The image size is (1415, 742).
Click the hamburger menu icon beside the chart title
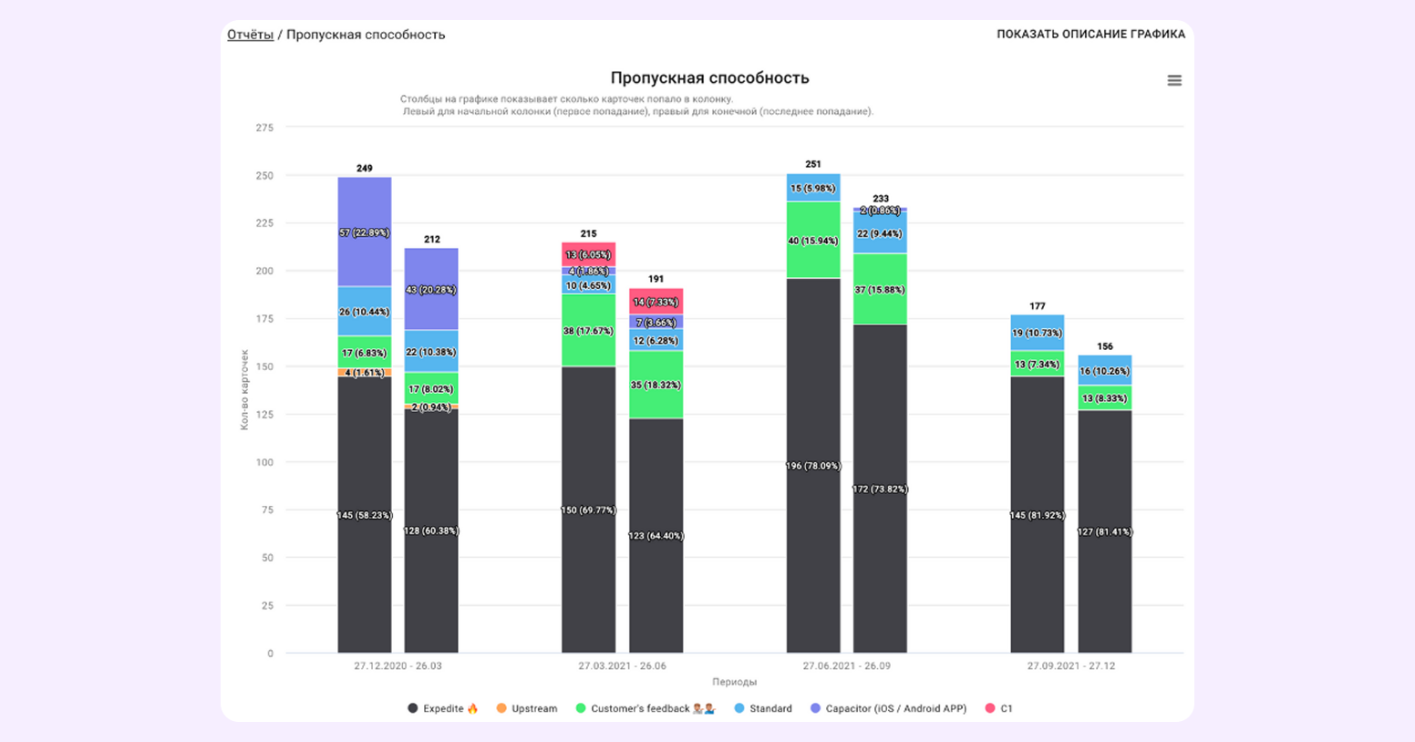point(1174,80)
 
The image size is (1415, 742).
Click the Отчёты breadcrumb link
point(250,35)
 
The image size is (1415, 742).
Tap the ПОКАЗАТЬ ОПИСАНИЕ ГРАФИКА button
point(1090,35)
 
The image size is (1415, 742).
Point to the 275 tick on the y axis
point(264,128)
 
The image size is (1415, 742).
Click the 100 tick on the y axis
point(264,462)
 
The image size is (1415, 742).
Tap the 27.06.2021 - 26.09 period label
point(846,666)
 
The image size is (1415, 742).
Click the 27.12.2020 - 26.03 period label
point(398,666)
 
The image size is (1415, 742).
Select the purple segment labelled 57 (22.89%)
point(364,232)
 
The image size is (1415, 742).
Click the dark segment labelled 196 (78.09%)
point(813,466)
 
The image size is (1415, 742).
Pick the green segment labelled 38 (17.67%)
point(588,331)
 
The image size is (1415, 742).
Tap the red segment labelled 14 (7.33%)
point(656,302)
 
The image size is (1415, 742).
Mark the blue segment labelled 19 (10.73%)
point(1037,333)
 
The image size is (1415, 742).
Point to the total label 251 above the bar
point(813,164)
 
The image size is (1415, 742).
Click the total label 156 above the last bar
point(1105,346)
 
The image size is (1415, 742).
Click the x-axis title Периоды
point(734,682)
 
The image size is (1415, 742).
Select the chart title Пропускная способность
point(709,78)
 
